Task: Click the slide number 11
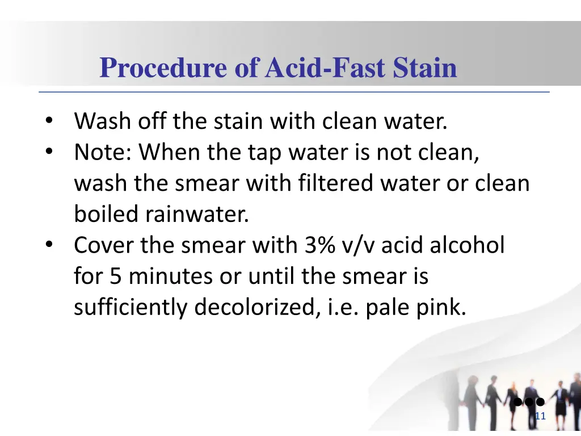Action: (540, 417)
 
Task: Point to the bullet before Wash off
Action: (49, 121)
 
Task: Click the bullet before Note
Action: (49, 152)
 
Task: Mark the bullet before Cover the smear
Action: (49, 245)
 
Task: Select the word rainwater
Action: (197, 215)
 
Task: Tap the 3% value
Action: (320, 245)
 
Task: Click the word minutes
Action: (170, 276)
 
